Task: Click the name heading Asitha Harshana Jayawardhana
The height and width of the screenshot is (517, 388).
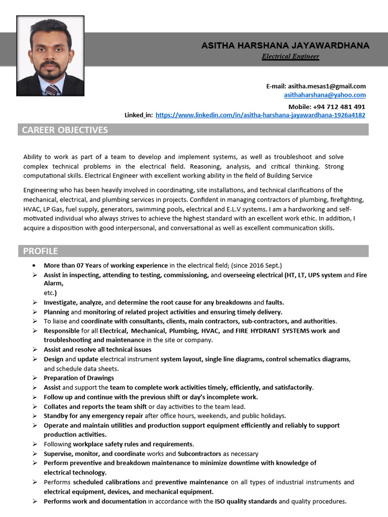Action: click(x=285, y=46)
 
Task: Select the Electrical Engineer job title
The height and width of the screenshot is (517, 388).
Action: click(x=290, y=57)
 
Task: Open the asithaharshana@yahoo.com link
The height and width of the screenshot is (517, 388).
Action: click(x=325, y=95)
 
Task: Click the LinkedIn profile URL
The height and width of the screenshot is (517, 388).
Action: click(x=260, y=115)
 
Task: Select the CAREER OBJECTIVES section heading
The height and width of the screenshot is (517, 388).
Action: click(x=65, y=130)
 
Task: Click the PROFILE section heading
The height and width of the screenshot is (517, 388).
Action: click(x=40, y=251)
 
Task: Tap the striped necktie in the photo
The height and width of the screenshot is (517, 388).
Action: click(x=52, y=90)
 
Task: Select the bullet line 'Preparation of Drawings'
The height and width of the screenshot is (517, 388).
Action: click(x=79, y=378)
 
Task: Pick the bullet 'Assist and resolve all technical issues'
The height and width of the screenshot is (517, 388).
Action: click(x=98, y=349)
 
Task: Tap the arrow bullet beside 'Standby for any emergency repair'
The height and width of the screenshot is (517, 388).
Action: click(x=34, y=416)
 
